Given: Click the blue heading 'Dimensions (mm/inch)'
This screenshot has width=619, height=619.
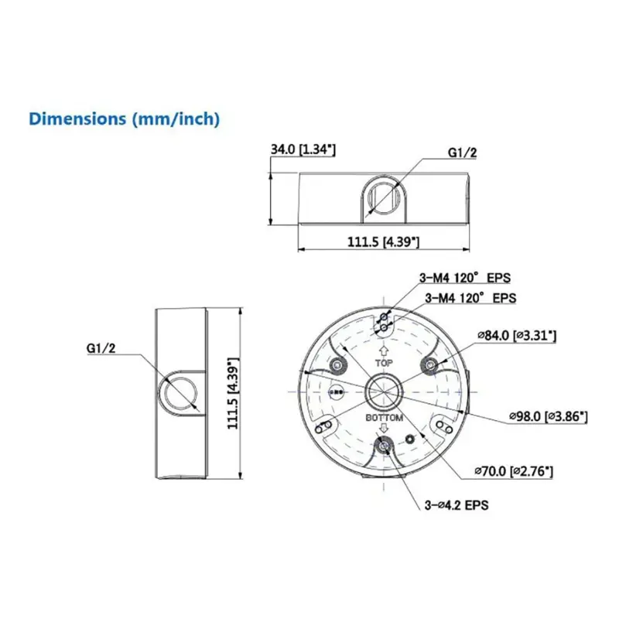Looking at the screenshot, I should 125,119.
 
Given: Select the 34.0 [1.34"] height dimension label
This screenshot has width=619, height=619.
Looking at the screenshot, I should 303,149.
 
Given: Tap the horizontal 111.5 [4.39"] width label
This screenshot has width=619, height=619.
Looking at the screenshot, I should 384,242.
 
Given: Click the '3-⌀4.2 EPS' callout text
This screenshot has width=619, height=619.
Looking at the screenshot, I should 456,504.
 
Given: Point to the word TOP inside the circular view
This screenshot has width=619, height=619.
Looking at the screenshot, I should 385,362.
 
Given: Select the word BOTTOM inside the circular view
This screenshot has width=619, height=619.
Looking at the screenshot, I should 385,418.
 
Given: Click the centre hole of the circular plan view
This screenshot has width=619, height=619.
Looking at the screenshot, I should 385,390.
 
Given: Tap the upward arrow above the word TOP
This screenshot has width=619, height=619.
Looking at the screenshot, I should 385,348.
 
